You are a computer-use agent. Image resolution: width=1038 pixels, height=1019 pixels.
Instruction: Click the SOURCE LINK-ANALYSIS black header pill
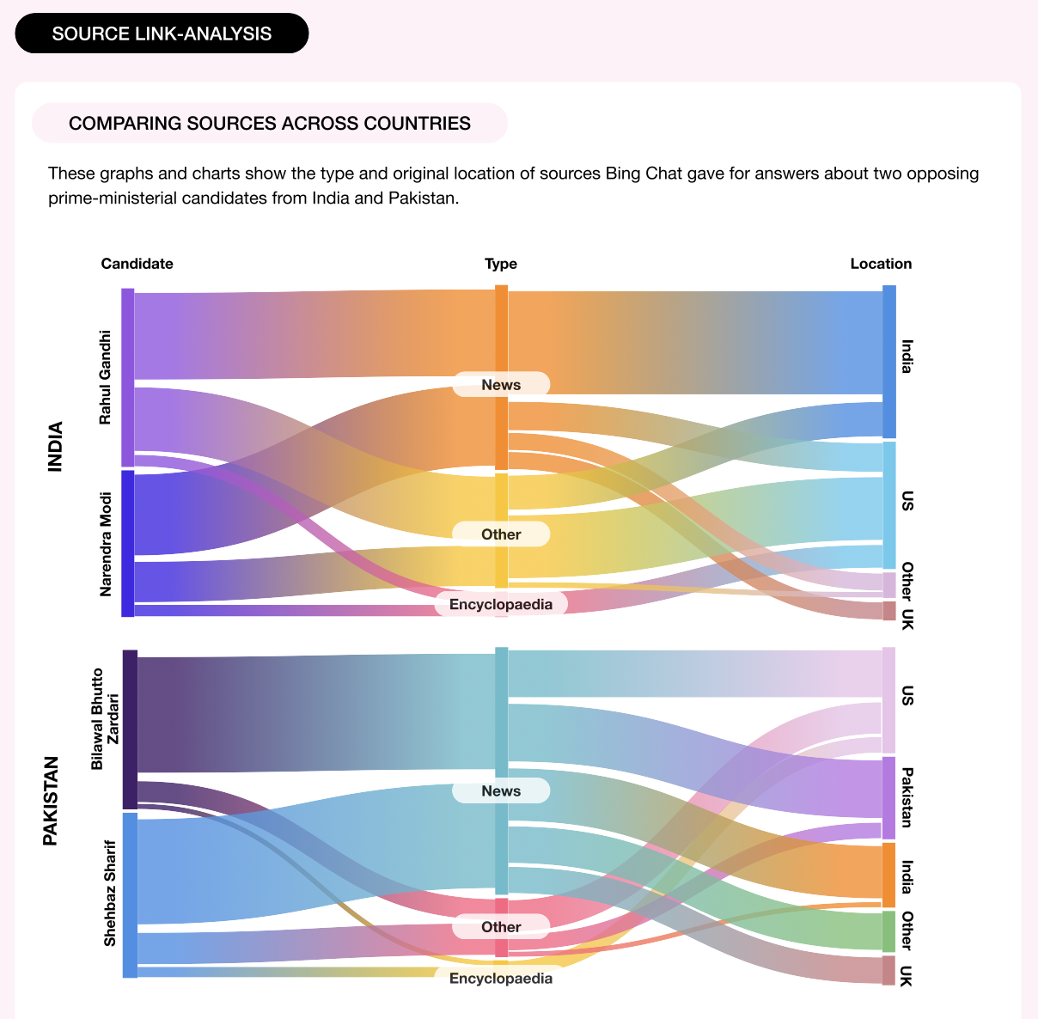(162, 34)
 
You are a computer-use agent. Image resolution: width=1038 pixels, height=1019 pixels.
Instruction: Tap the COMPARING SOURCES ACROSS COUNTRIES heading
(270, 123)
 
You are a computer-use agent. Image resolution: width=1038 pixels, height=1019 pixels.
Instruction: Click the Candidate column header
(137, 264)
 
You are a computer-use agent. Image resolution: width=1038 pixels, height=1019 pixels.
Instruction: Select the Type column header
(501, 264)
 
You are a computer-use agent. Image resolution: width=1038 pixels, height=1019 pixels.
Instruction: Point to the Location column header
(881, 264)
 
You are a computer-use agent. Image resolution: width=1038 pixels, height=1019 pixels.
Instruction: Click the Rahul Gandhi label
(106, 377)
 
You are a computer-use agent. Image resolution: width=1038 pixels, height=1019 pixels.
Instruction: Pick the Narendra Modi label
(106, 543)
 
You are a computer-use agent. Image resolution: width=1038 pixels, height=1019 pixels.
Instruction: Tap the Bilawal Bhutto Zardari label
(105, 718)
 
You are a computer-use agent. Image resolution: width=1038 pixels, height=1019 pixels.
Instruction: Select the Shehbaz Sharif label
(110, 894)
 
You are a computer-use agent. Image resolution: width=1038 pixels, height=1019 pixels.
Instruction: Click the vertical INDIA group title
(56, 446)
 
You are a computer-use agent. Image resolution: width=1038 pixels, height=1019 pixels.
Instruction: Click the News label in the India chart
(501, 384)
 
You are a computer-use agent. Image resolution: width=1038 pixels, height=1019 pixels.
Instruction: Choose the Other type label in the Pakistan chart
(501, 926)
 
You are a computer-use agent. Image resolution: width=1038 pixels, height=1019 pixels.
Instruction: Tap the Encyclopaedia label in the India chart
(501, 604)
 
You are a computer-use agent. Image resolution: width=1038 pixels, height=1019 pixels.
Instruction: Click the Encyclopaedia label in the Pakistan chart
(501, 978)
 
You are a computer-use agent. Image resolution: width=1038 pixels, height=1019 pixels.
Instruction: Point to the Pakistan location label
(907, 797)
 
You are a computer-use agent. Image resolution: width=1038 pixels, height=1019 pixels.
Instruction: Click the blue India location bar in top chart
(889, 361)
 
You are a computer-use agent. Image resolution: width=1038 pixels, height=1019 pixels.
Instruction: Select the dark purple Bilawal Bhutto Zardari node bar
(130, 729)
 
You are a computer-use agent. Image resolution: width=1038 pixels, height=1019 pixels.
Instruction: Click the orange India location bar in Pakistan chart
(888, 875)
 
